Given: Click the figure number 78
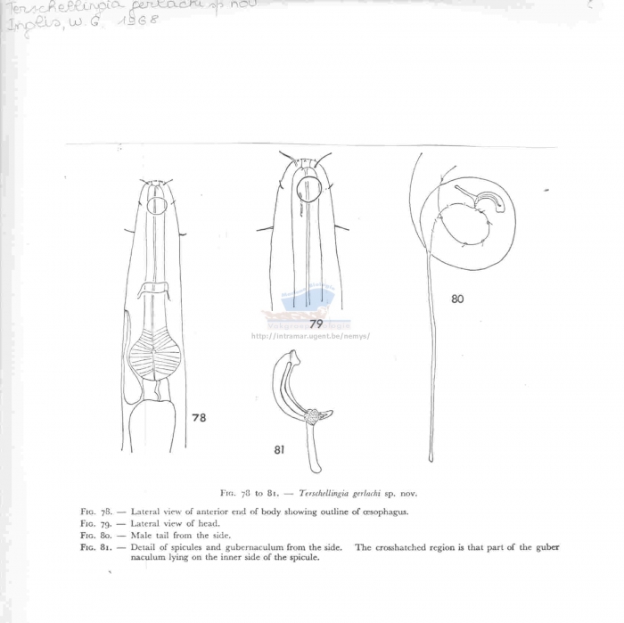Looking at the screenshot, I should pyautogui.click(x=199, y=417).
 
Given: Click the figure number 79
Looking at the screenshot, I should pyautogui.click(x=316, y=324).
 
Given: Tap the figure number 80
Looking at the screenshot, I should pyautogui.click(x=457, y=299).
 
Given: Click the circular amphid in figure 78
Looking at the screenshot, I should pyautogui.click(x=156, y=206).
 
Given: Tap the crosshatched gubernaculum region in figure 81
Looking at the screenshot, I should pyautogui.click(x=313, y=415).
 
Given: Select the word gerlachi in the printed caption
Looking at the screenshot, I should pyautogui.click(x=373, y=493).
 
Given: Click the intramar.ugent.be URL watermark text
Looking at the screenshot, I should pyautogui.click(x=310, y=337).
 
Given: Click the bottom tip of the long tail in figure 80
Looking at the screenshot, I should pyautogui.click(x=431, y=459).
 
